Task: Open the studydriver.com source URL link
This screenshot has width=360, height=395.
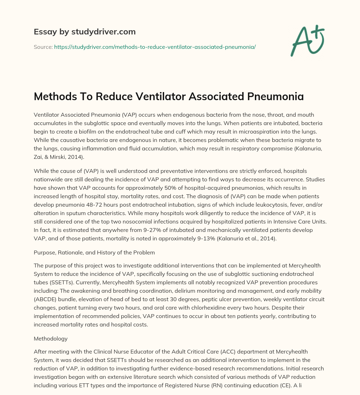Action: (x=155, y=47)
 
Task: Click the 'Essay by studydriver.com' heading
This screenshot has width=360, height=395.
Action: (x=84, y=32)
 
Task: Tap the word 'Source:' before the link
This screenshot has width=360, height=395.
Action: (x=43, y=47)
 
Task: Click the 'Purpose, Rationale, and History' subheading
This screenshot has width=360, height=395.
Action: (x=94, y=252)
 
